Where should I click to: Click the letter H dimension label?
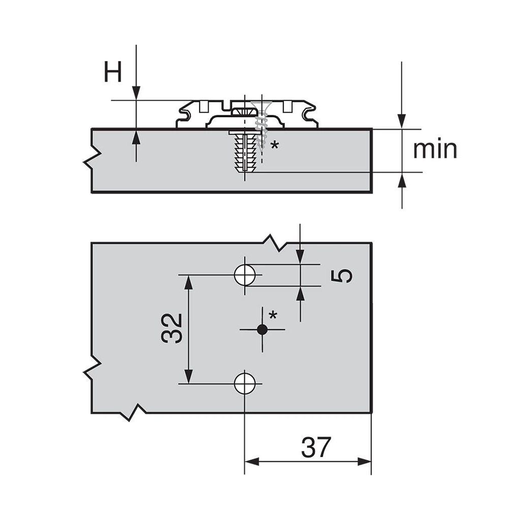pos(113,72)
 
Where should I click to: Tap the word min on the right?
pos(435,149)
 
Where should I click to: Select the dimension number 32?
pos(172,329)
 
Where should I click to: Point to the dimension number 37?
pos(316,447)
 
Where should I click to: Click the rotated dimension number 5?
pos(342,276)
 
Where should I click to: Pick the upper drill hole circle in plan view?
pos(245,275)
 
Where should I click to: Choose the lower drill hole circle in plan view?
pos(245,383)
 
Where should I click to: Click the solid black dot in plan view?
pos(263,329)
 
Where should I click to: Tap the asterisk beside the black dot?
pos(273,315)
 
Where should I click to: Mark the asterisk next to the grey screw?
pos(275,145)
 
